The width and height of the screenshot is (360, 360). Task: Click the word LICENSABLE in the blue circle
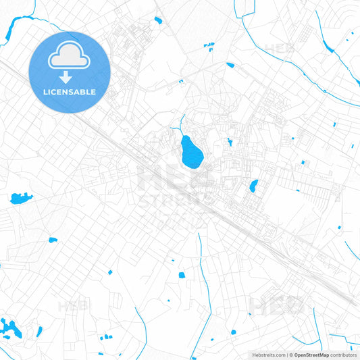point(70,91)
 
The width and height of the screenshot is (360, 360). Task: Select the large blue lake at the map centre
point(190,151)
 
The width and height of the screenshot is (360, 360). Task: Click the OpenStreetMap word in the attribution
point(311,354)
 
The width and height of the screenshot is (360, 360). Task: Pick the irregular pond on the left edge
point(20,198)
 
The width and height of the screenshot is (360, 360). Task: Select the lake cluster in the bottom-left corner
point(9,328)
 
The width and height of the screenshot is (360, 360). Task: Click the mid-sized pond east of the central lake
point(253,186)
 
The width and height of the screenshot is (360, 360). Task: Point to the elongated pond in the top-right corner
point(328,47)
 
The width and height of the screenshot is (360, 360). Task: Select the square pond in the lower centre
point(180,275)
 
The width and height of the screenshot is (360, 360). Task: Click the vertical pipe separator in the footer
point(286,354)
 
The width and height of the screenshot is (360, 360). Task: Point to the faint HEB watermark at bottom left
point(73,307)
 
